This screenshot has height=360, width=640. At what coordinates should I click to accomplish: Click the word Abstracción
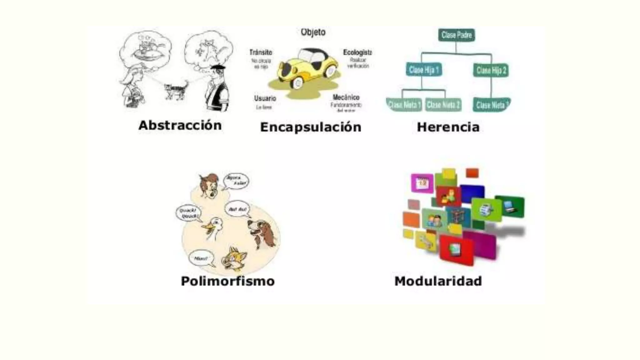pos(180,125)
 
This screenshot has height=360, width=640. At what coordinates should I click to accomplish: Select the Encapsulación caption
pos(311,127)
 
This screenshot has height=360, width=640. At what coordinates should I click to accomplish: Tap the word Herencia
pos(448,127)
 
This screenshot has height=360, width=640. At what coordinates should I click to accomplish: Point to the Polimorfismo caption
pos(227,281)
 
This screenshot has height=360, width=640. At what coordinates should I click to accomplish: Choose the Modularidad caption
pos(438,281)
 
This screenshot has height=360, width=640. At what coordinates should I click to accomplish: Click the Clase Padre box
pos(456,35)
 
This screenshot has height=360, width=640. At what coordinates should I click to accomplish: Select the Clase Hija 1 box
pos(423,70)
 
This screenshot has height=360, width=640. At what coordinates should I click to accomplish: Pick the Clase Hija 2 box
pos(491,70)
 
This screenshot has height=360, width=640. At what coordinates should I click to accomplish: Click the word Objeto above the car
pos(313,32)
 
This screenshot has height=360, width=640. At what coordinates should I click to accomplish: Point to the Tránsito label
pos(261,52)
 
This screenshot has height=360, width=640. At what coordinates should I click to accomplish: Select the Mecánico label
pos(346,97)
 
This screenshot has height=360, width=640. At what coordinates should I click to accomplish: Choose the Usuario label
pos(265,98)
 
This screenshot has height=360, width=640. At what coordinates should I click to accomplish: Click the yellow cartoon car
pos(308,67)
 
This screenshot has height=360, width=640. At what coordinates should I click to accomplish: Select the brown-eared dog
pos(262,233)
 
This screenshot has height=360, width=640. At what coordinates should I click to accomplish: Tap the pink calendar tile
pos(422,183)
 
